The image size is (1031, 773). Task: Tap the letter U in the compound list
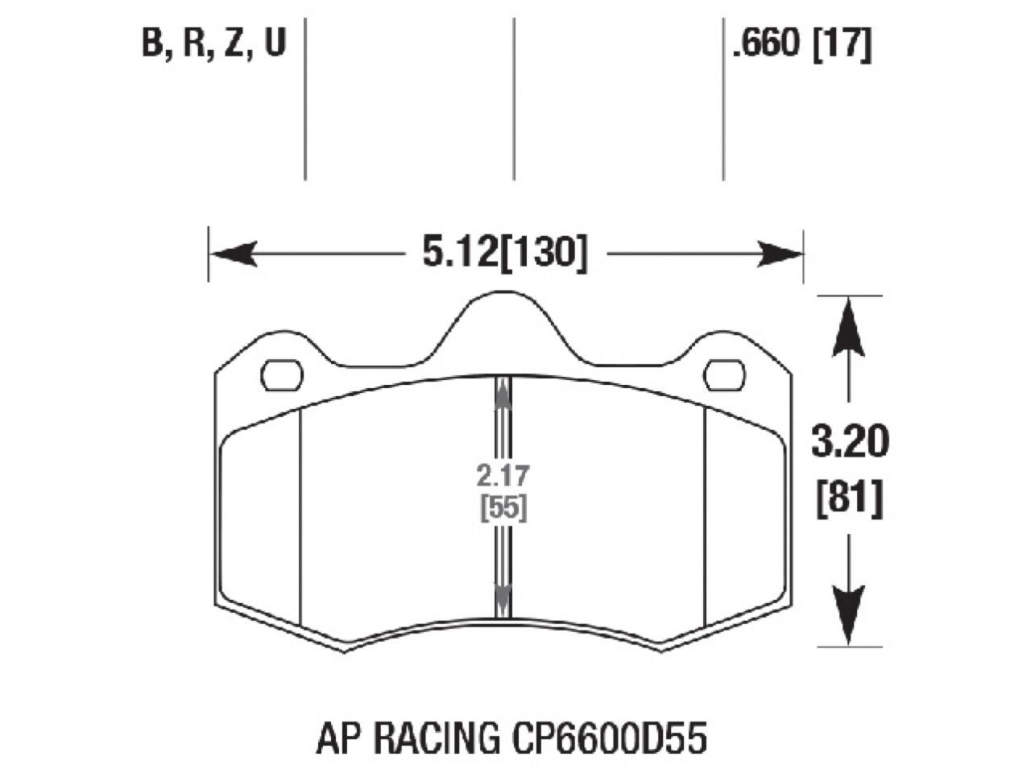pos(275,43)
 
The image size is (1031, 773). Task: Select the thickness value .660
pos(765,45)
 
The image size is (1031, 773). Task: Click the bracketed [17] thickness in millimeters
pos(842,45)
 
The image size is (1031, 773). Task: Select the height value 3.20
pos(850,443)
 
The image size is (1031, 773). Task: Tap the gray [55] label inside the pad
pos(503,509)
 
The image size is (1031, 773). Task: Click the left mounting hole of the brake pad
pos(282,374)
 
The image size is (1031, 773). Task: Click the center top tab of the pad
pos(503,322)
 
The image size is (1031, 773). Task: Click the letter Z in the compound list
pos(233,43)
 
